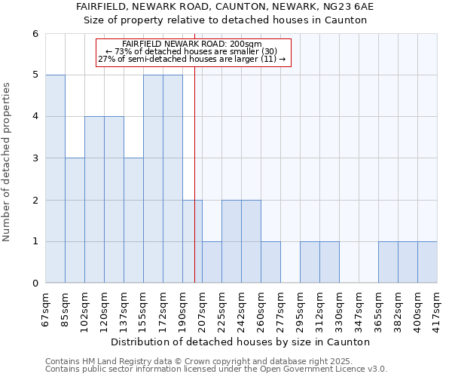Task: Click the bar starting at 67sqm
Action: coord(55,179)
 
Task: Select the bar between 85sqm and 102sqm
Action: coord(75,220)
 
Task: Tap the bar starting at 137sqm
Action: coord(133,220)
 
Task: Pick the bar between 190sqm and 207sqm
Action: coord(192,241)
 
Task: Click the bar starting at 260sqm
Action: coord(270,262)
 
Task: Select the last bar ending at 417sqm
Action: coord(427,262)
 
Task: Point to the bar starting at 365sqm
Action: coord(388,262)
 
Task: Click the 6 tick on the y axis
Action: coord(35,33)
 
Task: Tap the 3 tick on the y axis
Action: coord(35,158)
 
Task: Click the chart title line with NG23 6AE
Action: coord(225,6)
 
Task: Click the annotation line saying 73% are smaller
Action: coord(192,51)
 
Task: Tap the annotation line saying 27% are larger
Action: coord(192,59)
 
